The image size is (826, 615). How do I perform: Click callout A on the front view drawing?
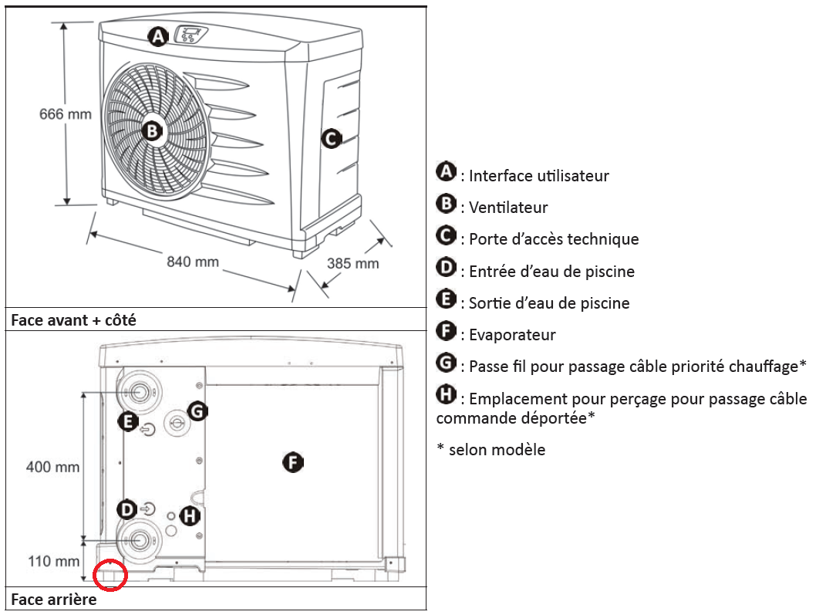(158, 35)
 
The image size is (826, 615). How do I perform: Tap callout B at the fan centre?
(152, 131)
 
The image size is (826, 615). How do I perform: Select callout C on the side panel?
(330, 140)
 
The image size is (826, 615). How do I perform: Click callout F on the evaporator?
(293, 463)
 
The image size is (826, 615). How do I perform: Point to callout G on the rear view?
(197, 411)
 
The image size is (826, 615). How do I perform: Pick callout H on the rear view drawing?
(189, 516)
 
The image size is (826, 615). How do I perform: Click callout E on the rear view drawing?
(128, 421)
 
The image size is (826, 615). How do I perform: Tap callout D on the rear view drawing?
(126, 509)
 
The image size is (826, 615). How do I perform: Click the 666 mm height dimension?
(66, 114)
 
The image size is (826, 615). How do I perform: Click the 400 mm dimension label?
(52, 467)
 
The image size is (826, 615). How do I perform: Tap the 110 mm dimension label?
(52, 561)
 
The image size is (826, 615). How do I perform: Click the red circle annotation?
(110, 574)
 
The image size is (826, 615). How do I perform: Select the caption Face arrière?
(54, 600)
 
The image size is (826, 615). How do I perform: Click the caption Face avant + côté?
(73, 319)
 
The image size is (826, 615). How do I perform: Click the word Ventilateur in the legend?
(508, 208)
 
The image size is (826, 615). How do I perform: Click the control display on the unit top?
(191, 35)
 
